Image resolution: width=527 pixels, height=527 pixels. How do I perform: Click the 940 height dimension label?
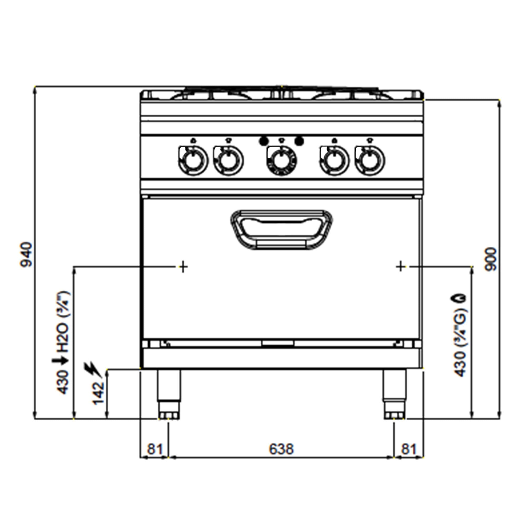click(27, 255)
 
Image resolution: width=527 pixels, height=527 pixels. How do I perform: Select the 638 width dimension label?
click(281, 449)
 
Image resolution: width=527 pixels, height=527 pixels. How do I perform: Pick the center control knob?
click(281, 160)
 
